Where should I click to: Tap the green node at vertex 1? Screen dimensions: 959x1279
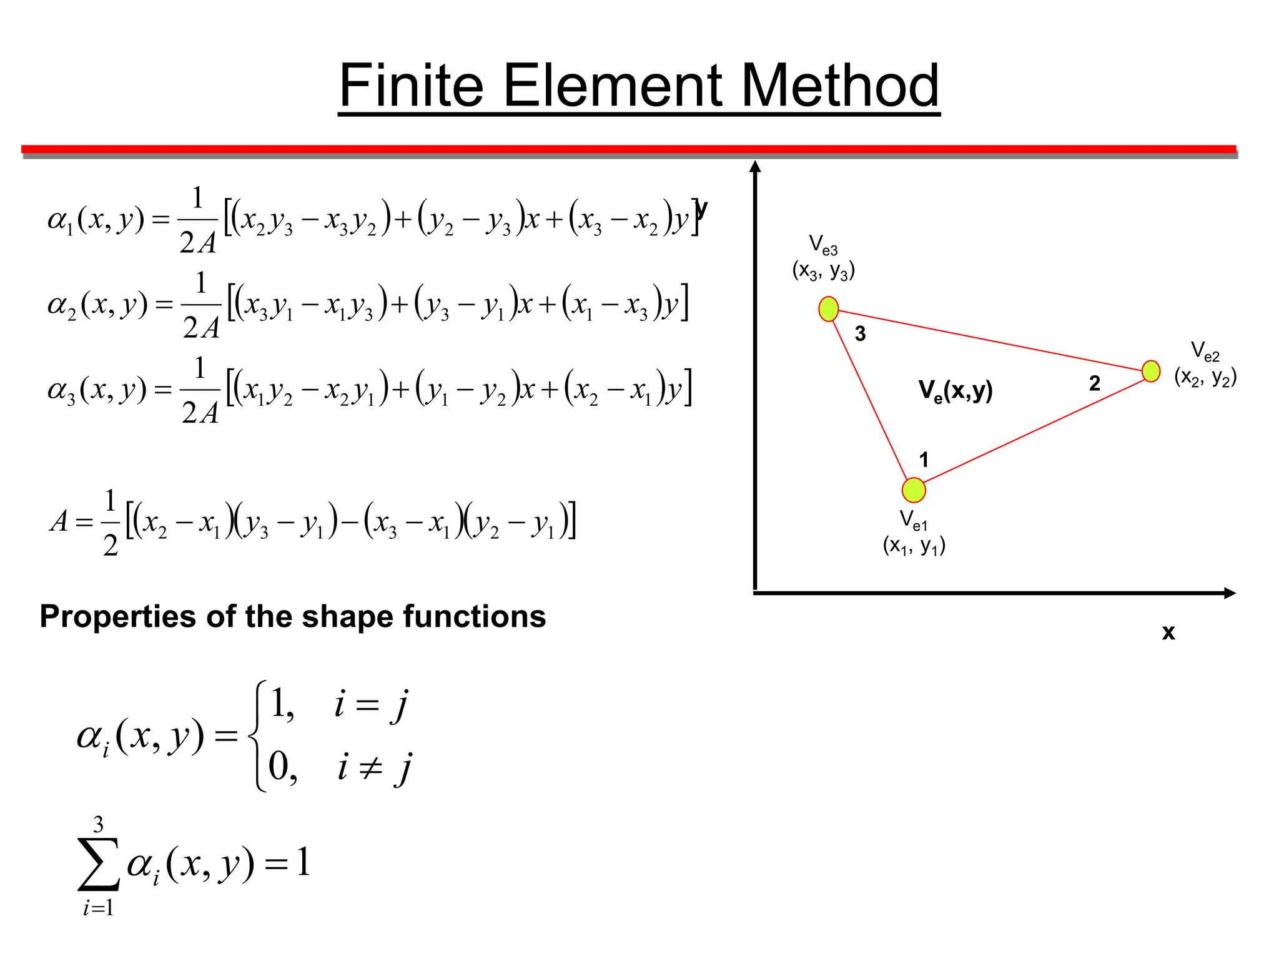click(x=914, y=490)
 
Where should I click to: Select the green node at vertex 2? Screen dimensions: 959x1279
click(x=1150, y=371)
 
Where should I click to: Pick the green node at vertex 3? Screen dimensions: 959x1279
click(x=828, y=308)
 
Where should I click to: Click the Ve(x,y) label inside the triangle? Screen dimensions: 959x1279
click(x=955, y=391)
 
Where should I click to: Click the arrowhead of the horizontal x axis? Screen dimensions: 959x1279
click(x=1230, y=593)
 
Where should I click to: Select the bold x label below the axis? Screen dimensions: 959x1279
click(x=1168, y=632)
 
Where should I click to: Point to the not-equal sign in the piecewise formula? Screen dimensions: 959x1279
click(x=370, y=767)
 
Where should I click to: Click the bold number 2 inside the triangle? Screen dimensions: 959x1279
click(x=1094, y=383)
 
